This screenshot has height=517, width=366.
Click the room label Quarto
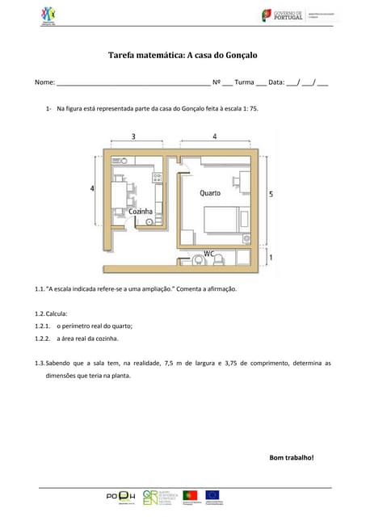(210, 193)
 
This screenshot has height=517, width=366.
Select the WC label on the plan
(208, 253)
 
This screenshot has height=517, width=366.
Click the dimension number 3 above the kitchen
(133, 137)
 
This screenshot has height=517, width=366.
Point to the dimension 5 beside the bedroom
(271, 194)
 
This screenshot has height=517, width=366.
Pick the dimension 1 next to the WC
(271, 258)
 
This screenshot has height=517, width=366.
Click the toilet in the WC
(198, 260)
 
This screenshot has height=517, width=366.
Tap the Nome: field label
(44, 82)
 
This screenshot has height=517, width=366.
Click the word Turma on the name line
(244, 82)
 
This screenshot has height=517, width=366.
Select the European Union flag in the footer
(212, 494)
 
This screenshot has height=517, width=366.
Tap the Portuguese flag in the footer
(191, 494)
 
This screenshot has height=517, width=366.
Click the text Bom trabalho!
(291, 458)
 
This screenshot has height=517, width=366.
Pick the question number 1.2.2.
(43, 338)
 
